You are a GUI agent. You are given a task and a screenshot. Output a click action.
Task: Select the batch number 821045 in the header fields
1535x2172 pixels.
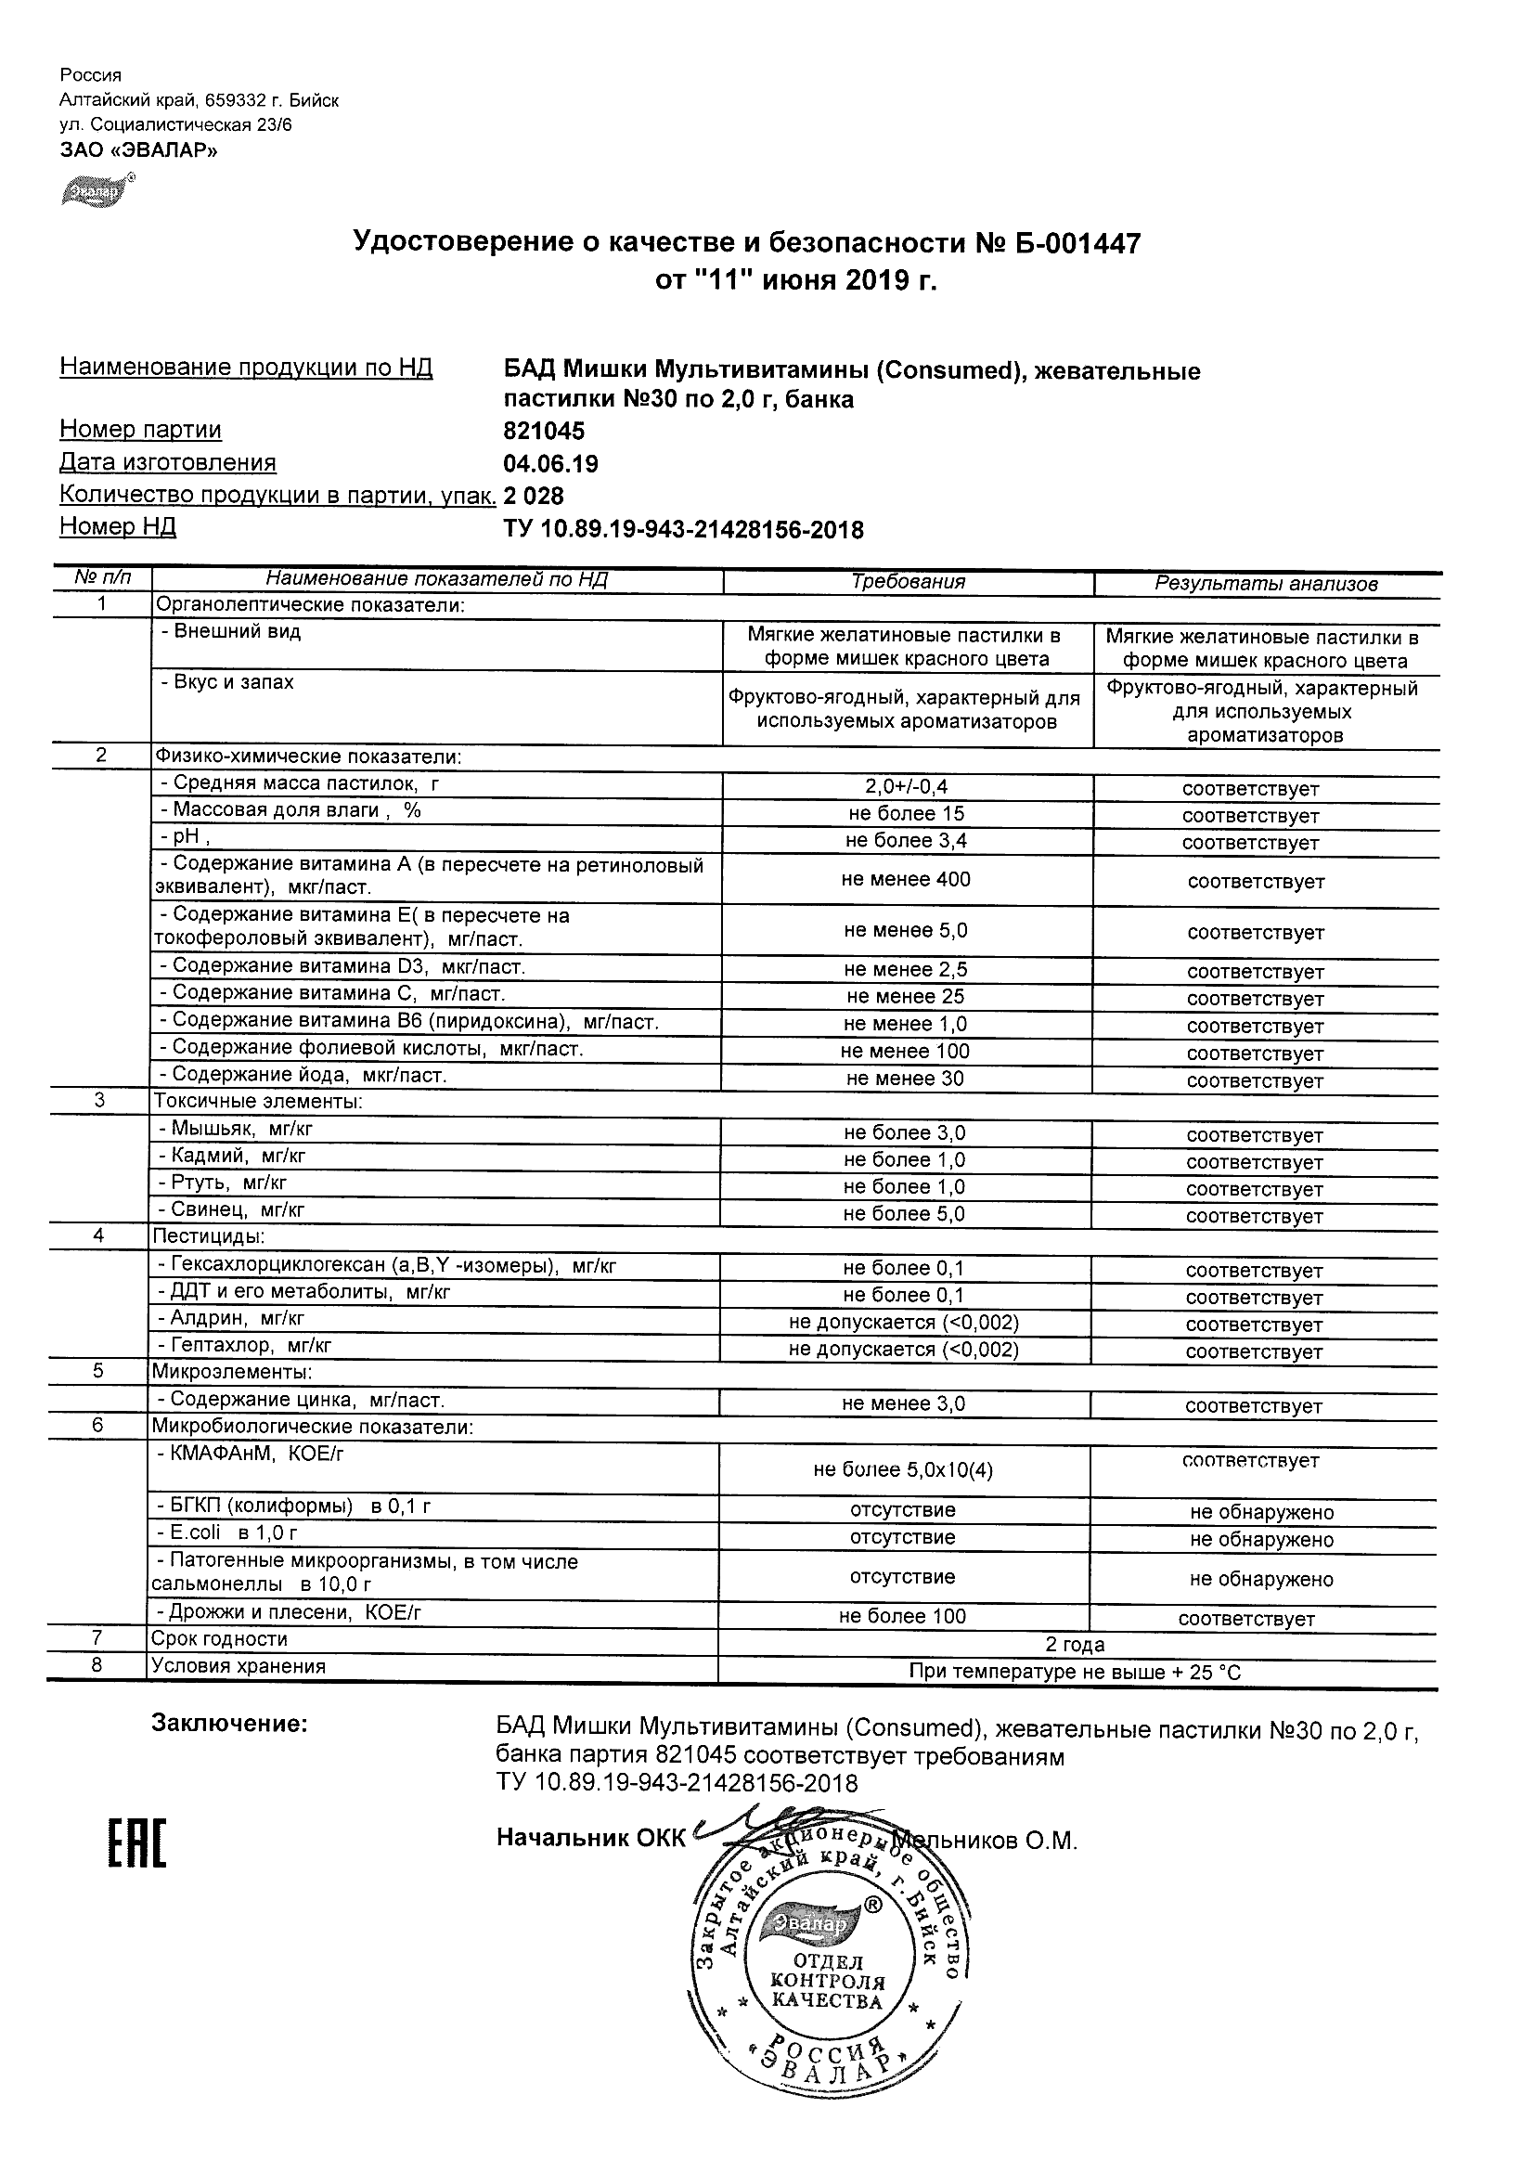click(544, 432)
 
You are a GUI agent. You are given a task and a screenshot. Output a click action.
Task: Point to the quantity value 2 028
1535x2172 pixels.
click(535, 496)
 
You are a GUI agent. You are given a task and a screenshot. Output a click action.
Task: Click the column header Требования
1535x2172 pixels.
click(908, 582)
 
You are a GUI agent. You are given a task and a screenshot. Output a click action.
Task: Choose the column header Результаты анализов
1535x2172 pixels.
click(1266, 584)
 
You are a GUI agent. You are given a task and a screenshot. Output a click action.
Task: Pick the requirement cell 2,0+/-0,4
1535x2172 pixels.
click(906, 786)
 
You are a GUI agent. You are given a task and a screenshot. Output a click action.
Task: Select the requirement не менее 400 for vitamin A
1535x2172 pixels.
click(906, 879)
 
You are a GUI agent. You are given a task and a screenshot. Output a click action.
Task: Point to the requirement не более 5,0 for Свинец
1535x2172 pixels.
click(904, 1214)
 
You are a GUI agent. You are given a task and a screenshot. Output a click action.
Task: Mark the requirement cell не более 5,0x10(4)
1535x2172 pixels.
click(902, 1469)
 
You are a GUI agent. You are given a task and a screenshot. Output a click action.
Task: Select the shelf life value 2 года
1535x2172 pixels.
click(1075, 1644)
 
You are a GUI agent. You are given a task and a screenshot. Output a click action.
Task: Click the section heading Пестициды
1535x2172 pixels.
click(209, 1236)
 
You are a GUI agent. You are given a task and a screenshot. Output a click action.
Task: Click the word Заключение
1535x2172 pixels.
click(230, 1724)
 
